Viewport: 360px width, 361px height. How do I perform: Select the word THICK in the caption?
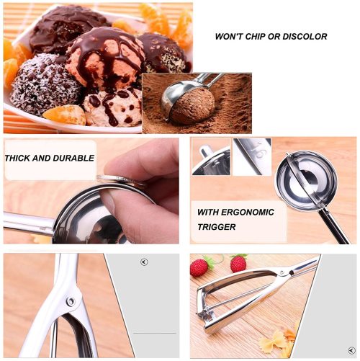pos(19,156)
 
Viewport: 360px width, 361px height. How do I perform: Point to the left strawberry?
pos(199,267)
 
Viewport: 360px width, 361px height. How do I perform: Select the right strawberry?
pos(238,264)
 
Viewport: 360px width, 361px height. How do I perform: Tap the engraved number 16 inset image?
pos(251,156)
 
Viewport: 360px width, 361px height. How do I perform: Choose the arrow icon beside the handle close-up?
pos(143,262)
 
